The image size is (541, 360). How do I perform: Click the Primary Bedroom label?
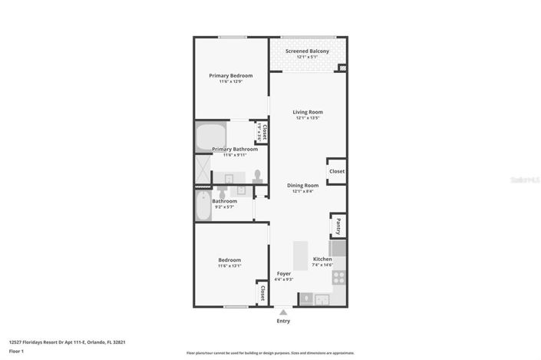tap(231, 75)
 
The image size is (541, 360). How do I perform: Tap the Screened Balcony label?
tap(307, 51)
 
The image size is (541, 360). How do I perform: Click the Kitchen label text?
tap(322, 259)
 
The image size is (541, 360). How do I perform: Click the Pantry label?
tap(338, 226)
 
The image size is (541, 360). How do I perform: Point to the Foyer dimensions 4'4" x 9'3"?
tap(284, 279)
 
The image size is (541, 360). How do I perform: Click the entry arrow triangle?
tap(284, 312)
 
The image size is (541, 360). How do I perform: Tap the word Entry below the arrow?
tap(284, 322)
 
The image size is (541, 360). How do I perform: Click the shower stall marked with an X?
tap(202, 171)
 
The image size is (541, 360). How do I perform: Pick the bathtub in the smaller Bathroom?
tap(203, 205)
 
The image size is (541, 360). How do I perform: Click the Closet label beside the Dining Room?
tap(337, 171)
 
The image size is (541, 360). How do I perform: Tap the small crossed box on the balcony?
tap(342, 68)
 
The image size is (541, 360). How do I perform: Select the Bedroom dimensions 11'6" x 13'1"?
tap(229, 266)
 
